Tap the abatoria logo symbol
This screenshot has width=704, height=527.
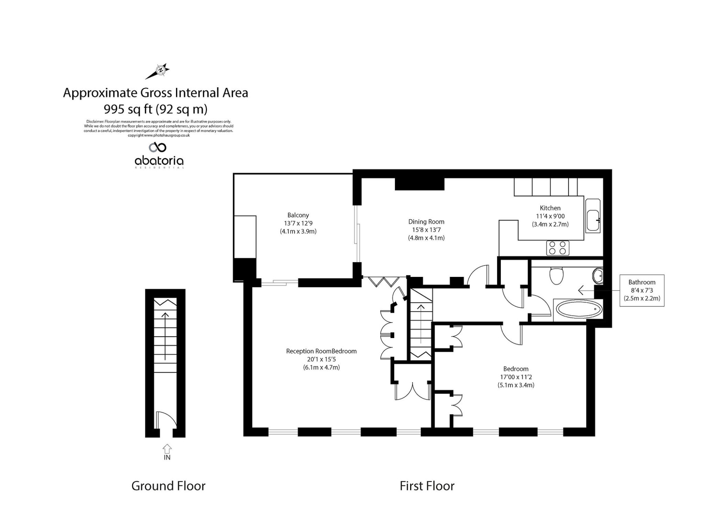tap(157, 147)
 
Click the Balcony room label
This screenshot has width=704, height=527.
tap(298, 215)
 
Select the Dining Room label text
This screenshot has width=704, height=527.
tap(426, 222)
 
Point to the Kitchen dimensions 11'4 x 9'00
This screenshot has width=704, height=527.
tap(550, 216)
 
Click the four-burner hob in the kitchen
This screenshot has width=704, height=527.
tap(558, 248)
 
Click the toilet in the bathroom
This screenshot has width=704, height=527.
tap(557, 275)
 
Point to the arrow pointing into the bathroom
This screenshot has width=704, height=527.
tap(586, 290)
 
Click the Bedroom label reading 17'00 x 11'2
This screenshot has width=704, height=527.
tap(516, 377)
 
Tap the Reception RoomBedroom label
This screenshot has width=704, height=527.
tap(321, 351)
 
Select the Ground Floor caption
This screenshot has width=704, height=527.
tap(168, 486)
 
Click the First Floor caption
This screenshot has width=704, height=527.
tap(427, 486)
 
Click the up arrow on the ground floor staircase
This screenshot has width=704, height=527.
tap(165, 336)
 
